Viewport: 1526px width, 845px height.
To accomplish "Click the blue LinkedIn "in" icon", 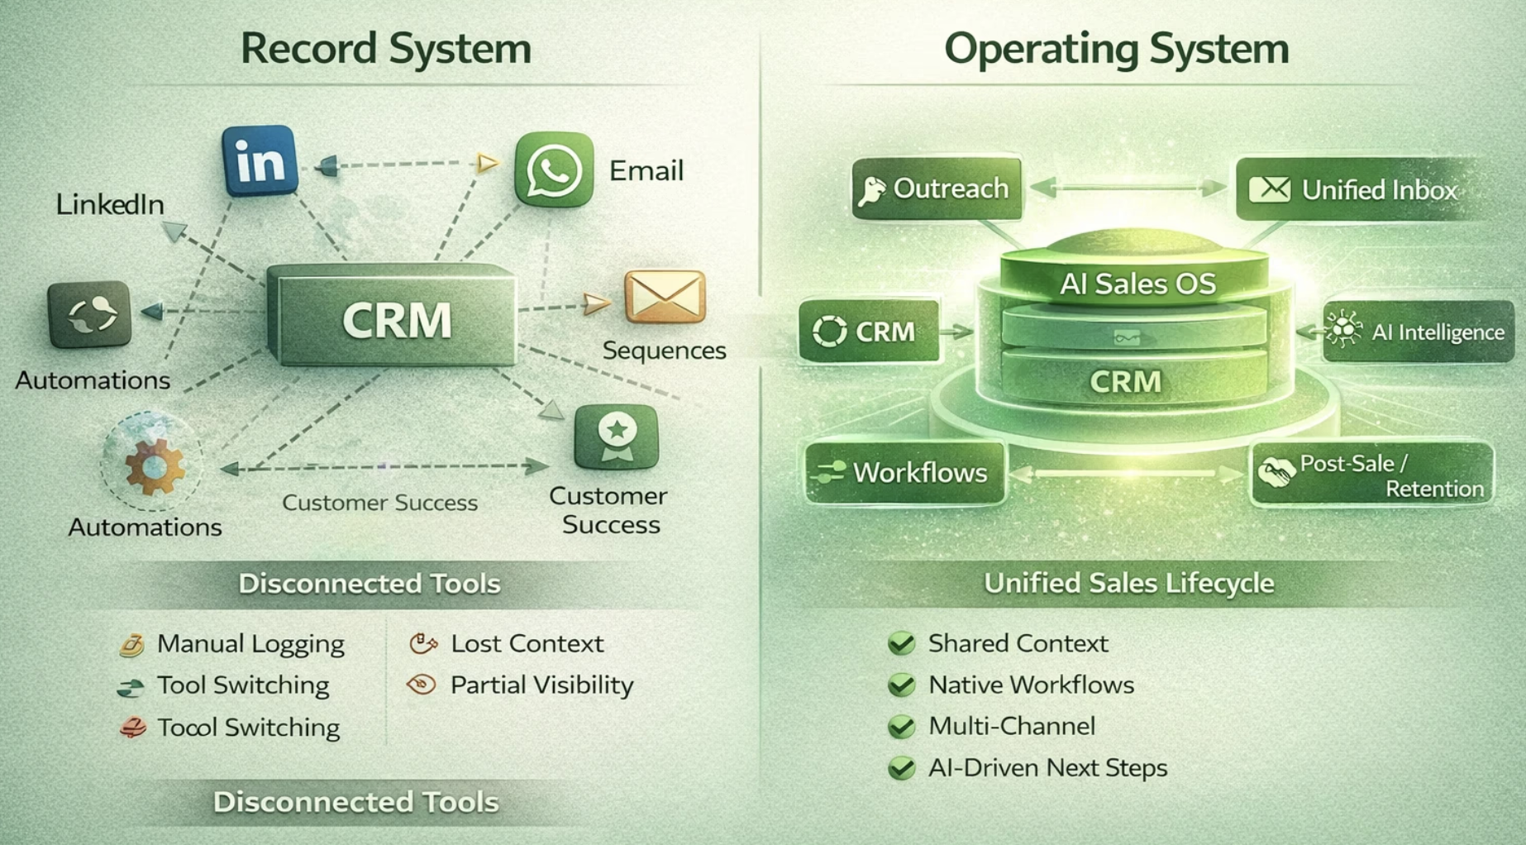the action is coord(260,160).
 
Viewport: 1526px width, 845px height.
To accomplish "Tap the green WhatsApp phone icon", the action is coord(554,169).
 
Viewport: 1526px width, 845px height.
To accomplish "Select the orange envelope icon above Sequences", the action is coord(665,297).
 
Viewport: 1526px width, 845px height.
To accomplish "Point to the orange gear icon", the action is coord(154,466).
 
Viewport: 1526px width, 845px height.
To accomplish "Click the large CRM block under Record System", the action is coord(393,317).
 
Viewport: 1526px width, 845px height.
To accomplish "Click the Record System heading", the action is coord(386,49).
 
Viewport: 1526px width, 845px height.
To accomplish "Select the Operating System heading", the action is coord(1116,49).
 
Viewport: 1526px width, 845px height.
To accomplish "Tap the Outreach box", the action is coord(937,189).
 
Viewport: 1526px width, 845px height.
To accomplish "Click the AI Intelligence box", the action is coord(1419,332).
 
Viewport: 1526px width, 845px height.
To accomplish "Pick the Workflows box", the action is coord(905,473).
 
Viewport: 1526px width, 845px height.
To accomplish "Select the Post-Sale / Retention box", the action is coord(1372,475).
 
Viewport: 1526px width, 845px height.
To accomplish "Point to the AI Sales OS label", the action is coord(1137,284).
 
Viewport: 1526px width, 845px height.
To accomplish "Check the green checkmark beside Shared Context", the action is coord(901,643).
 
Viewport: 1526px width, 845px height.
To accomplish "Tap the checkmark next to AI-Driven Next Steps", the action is coord(901,768).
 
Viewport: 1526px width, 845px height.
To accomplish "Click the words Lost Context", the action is coord(527,643).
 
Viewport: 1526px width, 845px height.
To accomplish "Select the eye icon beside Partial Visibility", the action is coord(422,685).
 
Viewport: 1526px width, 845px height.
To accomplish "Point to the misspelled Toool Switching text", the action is coord(248,728).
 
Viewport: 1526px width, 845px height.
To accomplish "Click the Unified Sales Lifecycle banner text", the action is coord(1128,584).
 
